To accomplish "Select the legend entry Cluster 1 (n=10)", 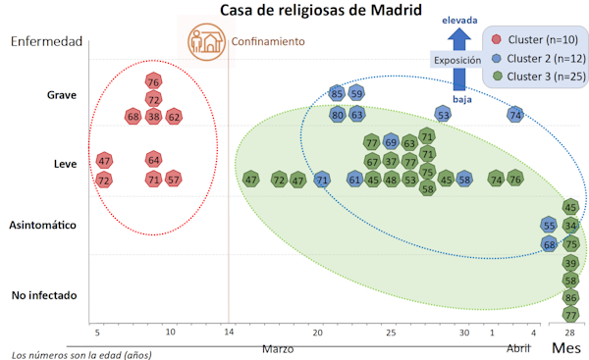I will (539, 40).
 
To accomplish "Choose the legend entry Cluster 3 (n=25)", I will (539, 75).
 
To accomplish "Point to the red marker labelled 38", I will (153, 117).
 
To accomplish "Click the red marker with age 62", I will (174, 117).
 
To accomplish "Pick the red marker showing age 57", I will (174, 180).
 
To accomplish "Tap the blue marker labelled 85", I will (337, 94).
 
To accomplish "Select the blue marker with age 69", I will (391, 142).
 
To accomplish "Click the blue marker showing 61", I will (354, 180).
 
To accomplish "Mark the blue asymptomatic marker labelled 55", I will (550, 226).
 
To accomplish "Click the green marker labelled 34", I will (571, 226).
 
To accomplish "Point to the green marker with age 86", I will (571, 298).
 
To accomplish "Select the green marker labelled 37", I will (391, 161).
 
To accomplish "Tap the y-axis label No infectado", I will (45, 295).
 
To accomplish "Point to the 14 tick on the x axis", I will (230, 333).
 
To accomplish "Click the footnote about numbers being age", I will (81, 353).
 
